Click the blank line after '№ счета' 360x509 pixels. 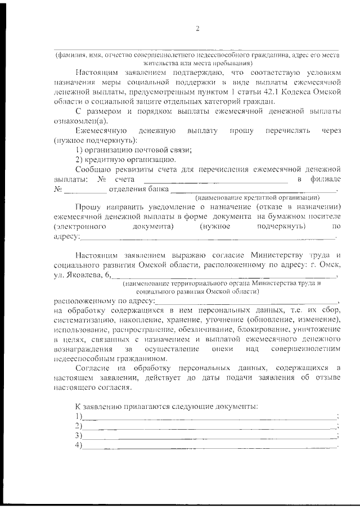point(216,182)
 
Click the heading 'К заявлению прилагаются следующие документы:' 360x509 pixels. point(167,406)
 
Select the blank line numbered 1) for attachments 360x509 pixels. point(208,417)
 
